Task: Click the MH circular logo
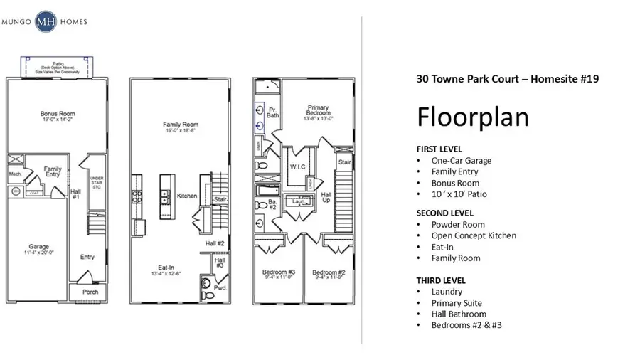point(47,21)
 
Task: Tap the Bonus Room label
point(58,114)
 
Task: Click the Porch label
point(90,292)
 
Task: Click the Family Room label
point(180,125)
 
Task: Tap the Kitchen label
point(186,196)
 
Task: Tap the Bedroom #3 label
point(273,272)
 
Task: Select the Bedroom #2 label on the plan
point(328,272)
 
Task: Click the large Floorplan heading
point(473,116)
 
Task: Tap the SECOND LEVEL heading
point(444,213)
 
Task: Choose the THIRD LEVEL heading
point(440,280)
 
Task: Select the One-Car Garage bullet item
point(461,161)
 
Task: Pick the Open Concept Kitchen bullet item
point(474,235)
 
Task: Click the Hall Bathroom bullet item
point(459,314)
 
